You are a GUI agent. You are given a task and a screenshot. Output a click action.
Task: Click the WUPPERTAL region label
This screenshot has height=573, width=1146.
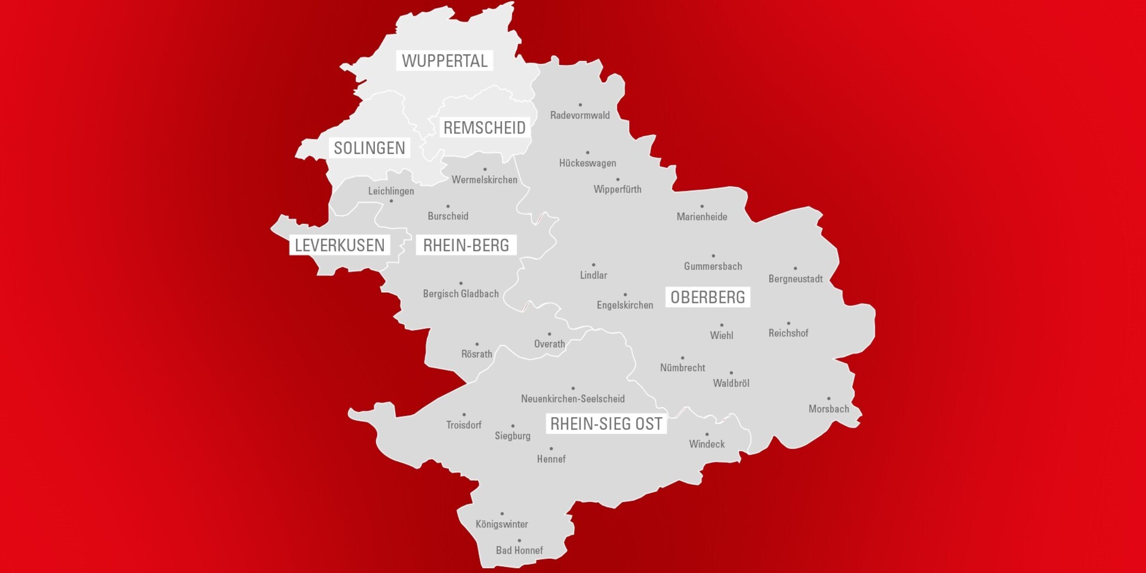444,60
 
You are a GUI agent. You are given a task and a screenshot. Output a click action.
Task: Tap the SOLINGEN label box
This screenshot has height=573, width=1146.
369,148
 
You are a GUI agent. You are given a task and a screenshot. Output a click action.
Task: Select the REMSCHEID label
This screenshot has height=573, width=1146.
484,127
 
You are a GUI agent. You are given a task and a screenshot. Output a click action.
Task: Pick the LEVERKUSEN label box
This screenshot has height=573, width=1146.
340,245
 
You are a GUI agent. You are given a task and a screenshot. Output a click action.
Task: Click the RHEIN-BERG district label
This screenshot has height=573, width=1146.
466,245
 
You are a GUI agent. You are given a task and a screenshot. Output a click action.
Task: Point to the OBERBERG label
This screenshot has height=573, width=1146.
707,297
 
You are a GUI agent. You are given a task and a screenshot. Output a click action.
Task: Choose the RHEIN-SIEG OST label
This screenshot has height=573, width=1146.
606,424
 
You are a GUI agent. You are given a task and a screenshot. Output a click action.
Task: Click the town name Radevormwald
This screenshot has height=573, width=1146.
580,115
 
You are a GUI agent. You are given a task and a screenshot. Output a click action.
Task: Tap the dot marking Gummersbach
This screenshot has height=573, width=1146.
713,256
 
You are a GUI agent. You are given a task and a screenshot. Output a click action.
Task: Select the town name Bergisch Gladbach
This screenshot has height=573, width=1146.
461,294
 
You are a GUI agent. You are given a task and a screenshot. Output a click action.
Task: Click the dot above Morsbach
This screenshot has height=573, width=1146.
829,399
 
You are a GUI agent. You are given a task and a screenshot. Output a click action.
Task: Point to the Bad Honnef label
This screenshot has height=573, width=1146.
520,551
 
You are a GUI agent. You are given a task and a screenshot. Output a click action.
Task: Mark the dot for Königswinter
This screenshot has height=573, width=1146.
502,514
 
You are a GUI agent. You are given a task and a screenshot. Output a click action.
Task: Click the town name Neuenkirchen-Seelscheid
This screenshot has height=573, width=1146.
573,399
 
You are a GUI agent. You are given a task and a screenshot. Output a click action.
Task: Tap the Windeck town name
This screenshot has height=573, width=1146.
707,444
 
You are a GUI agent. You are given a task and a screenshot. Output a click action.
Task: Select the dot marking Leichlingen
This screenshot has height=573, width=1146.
391,201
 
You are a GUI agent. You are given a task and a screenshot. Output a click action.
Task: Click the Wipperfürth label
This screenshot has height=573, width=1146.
617,189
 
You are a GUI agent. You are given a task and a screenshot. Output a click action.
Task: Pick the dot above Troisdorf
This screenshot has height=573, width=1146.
464,415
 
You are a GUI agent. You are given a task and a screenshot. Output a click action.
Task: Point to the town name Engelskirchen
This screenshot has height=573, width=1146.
625,305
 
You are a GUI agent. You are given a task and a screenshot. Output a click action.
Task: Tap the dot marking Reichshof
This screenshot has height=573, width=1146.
789,324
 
